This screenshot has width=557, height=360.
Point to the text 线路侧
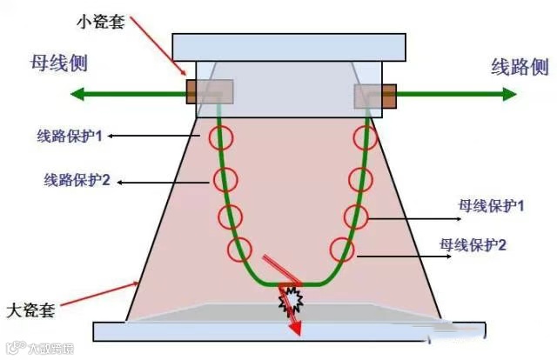click(x=520, y=65)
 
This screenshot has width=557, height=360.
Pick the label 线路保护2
click(x=77, y=181)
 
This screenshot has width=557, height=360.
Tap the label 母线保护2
click(x=473, y=246)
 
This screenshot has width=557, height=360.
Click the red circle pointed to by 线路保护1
click(x=221, y=138)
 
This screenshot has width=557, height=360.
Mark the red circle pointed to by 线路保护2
click(x=225, y=180)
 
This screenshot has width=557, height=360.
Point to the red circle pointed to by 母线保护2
click(x=343, y=250)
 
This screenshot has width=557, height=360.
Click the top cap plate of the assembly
click(x=289, y=46)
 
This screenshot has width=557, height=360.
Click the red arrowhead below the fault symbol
click(x=296, y=328)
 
